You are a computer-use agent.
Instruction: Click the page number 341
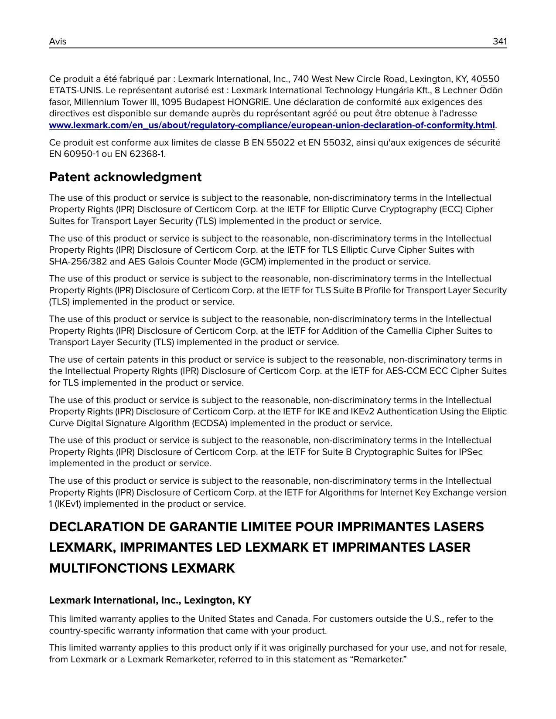[x=499, y=41]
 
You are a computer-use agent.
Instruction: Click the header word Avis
[x=58, y=41]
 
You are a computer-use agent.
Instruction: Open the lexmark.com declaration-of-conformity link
[x=272, y=125]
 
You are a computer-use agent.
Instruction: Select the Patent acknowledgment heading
[x=125, y=177]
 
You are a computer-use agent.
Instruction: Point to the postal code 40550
[x=485, y=79]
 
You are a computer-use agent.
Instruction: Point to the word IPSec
[x=471, y=452]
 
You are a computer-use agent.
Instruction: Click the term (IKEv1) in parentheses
[x=68, y=504]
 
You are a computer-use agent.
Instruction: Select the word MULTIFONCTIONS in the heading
[x=109, y=568]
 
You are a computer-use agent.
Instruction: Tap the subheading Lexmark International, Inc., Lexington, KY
[x=150, y=600]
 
